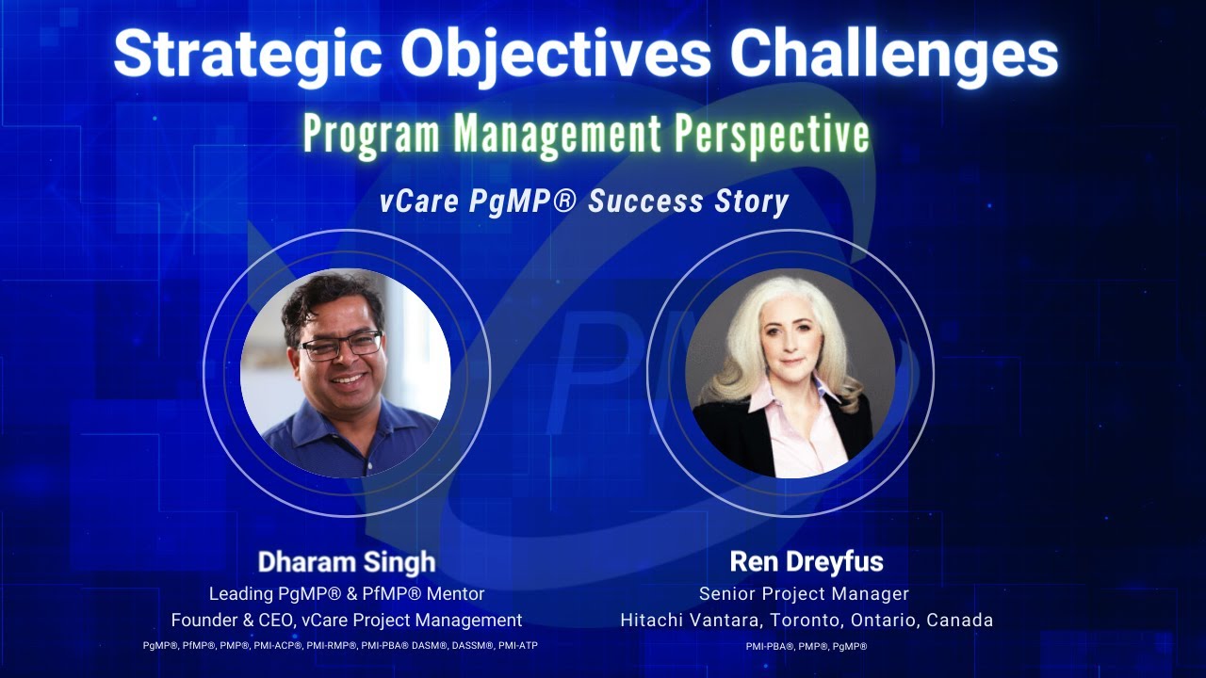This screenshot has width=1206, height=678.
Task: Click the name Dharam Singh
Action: click(x=347, y=562)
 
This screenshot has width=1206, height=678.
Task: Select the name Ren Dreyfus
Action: click(x=807, y=562)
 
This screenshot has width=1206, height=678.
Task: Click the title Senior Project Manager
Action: click(x=804, y=594)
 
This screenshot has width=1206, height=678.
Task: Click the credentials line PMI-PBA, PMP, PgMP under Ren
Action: click(x=806, y=647)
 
